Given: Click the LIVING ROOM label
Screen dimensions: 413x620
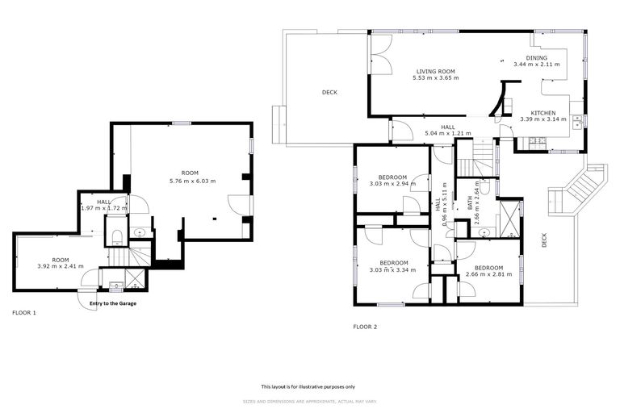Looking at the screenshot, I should tap(436, 71).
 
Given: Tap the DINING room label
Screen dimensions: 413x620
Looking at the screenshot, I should tap(536, 58).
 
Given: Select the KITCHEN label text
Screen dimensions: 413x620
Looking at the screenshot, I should tap(542, 112).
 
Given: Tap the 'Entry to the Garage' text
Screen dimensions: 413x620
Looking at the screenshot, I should tap(113, 303).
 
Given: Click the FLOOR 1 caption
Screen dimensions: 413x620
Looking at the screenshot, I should tap(24, 312).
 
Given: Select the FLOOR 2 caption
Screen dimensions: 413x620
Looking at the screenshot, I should tap(365, 327).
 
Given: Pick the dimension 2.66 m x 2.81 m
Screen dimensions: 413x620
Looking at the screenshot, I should tap(489, 274).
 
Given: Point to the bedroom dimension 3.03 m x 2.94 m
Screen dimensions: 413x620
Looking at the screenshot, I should tap(393, 184).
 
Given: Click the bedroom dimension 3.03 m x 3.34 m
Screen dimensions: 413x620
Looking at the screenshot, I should tap(393, 269).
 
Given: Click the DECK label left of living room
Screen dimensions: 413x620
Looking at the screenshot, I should tap(329, 92).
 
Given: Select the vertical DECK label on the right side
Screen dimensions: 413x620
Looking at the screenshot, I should tap(544, 240).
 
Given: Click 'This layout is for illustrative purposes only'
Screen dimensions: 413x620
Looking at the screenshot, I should tap(309, 386).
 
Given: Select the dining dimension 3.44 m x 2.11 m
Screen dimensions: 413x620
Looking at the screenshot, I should tap(536, 65).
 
